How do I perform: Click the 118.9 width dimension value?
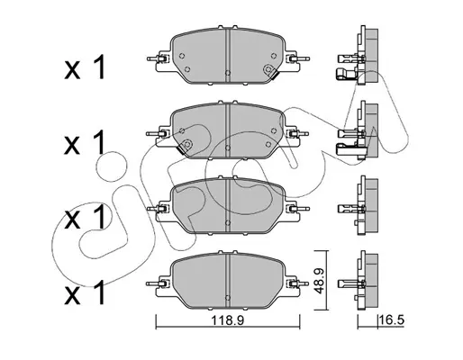pos(228,320)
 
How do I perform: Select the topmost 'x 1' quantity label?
pos(85,67)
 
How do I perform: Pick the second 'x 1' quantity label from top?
pos(85,142)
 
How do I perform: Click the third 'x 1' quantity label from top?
pos(85,218)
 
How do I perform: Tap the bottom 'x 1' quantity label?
pos(85,292)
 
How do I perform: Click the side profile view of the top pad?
pos(358,56)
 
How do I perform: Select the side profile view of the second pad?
pos(358,130)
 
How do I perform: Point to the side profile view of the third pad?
pos(358,205)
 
